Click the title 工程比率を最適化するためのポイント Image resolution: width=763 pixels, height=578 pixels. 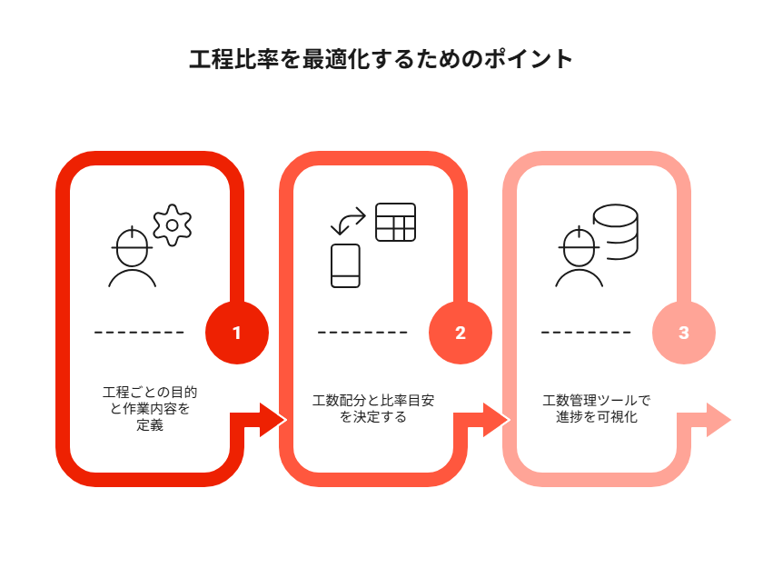pyautogui.click(x=381, y=59)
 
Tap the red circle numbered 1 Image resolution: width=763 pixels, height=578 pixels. pyautogui.click(x=237, y=333)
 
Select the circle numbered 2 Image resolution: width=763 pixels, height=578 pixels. pyautogui.click(x=461, y=333)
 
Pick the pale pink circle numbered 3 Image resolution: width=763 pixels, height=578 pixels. pyautogui.click(x=684, y=333)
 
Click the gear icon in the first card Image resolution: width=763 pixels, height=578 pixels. pyautogui.click(x=173, y=225)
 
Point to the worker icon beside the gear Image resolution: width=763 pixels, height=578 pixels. pyautogui.click(x=132, y=256)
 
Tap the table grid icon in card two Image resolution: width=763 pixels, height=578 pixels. pyautogui.click(x=396, y=222)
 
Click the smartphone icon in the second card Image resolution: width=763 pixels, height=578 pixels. pyautogui.click(x=345, y=266)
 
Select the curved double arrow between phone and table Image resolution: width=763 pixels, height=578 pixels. pyautogui.click(x=348, y=222)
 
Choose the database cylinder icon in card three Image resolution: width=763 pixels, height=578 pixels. pyautogui.click(x=616, y=232)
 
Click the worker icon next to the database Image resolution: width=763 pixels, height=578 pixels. pyautogui.click(x=580, y=256)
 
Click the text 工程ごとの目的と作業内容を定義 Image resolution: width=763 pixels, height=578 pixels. pyautogui.click(x=150, y=409)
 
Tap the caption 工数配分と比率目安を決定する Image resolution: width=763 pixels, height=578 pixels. pyautogui.click(x=373, y=409)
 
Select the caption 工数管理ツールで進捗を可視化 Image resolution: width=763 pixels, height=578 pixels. pyautogui.click(x=597, y=409)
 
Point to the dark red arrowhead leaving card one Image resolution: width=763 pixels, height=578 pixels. pyautogui.click(x=272, y=420)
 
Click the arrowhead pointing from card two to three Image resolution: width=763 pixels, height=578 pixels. pyautogui.click(x=496, y=420)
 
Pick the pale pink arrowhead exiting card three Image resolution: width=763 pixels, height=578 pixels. pyautogui.click(x=718, y=420)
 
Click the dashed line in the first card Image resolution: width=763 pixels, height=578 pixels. pyautogui.click(x=139, y=333)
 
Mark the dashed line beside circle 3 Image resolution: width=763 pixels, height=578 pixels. pyautogui.click(x=586, y=333)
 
